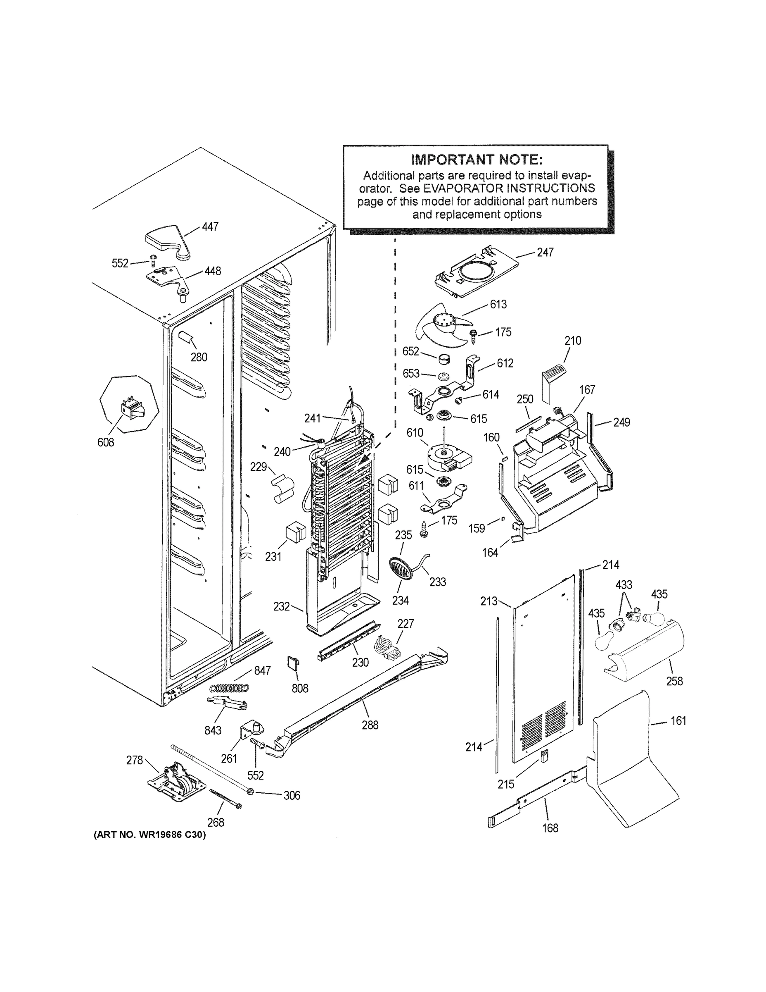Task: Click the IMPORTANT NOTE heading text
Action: click(476, 160)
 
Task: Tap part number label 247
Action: click(545, 253)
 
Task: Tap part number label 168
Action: click(550, 828)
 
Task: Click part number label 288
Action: click(370, 725)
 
